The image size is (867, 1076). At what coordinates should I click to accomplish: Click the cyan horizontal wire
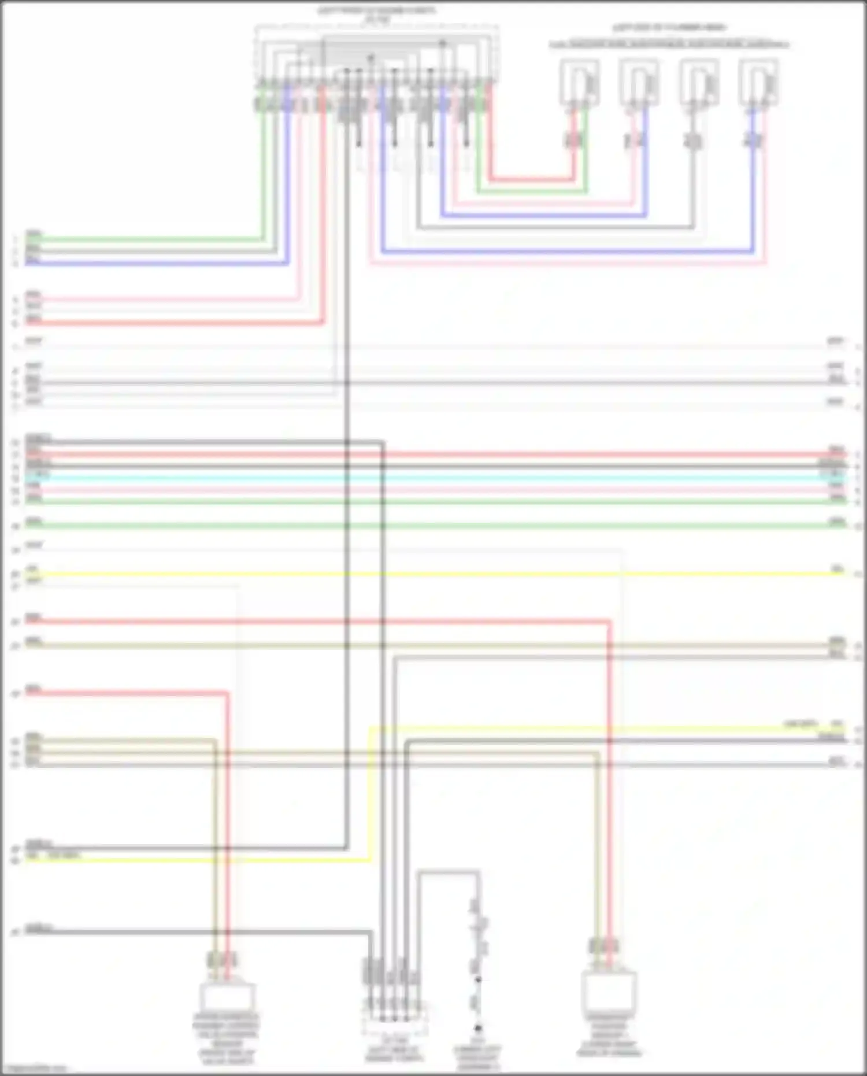pos(433,479)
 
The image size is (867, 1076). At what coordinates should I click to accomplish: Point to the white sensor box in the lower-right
pos(609,992)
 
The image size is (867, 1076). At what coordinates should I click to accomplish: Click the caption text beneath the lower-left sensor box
pos(227,1038)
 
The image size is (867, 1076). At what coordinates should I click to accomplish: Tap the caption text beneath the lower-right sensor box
pos(609,1035)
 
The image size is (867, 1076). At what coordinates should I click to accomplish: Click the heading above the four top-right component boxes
pos(669,27)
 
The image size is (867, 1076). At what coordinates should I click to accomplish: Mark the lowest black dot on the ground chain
pos(478,1028)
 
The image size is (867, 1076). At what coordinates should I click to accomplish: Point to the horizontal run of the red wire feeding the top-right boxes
pos(532,179)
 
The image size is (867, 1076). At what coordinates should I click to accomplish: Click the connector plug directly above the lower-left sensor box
pos(222,960)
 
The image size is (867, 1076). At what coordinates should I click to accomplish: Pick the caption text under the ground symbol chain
pos(478,1057)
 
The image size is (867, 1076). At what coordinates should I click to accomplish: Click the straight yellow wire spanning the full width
pos(433,574)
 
